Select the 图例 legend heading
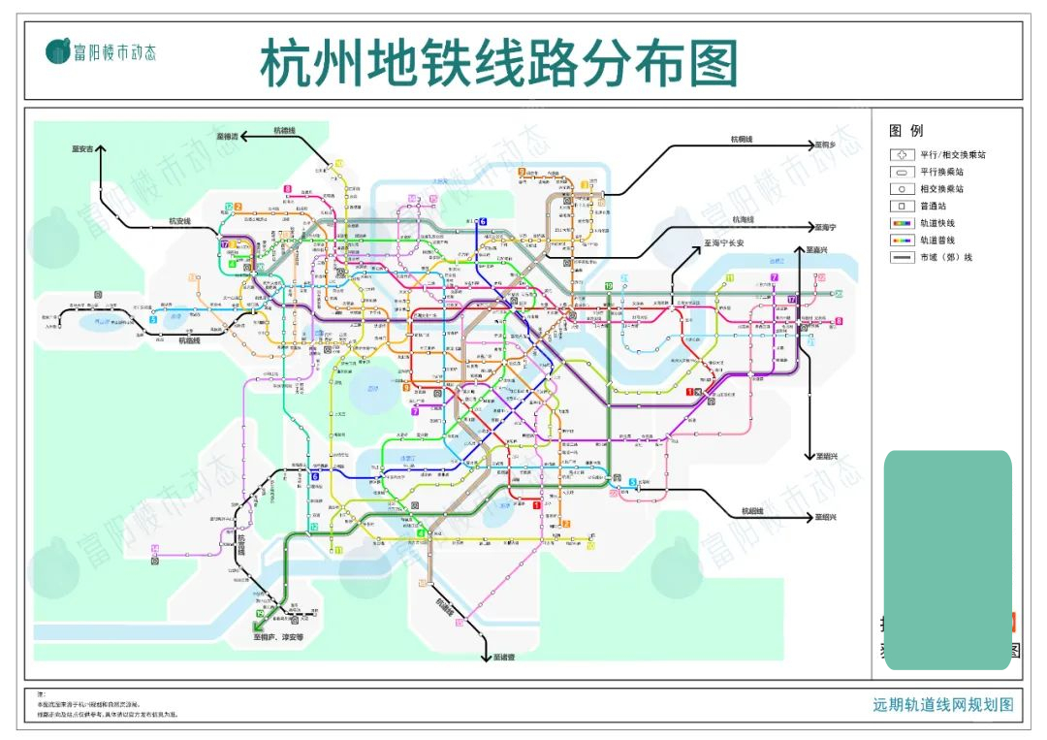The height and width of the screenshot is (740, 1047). [905, 131]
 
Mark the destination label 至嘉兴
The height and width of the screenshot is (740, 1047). [821, 249]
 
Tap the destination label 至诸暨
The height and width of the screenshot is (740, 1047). [502, 657]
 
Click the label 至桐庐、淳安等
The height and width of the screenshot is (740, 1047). [279, 637]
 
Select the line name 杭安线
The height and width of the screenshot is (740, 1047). [180, 222]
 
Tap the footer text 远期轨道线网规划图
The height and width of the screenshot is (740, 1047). [942, 705]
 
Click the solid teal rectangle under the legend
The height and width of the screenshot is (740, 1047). [947, 558]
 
